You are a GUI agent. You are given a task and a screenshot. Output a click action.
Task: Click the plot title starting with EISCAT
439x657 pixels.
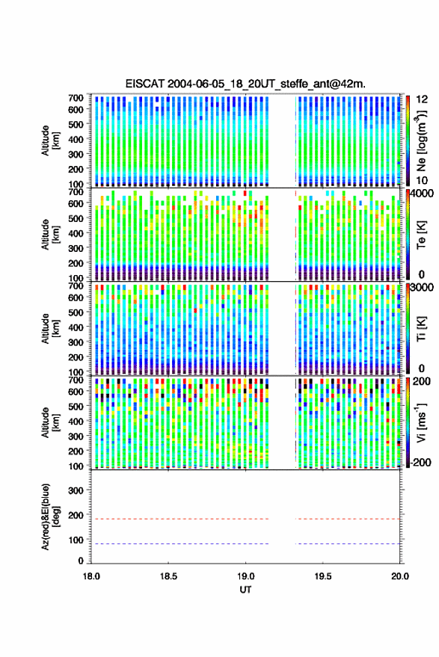pos(245,84)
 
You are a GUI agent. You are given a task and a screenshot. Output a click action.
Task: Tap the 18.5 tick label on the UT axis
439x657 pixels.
pos(168,576)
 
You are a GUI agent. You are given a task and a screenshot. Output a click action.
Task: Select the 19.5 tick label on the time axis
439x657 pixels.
pos(323,576)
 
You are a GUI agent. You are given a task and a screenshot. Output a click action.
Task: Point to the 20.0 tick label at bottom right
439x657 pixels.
pos(400,576)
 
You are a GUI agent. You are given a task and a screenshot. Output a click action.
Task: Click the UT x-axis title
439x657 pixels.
pos(245,590)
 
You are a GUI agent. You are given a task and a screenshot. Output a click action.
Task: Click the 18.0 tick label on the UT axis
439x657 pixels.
pos(91,576)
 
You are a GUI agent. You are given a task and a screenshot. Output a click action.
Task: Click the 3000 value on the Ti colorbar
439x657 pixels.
pos(423,288)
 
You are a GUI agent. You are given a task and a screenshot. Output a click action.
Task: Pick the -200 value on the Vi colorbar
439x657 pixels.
pos(421,463)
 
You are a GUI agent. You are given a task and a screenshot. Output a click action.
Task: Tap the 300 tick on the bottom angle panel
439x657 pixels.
pos(76,490)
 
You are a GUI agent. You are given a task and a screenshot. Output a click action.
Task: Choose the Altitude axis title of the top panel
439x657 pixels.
pos(51,141)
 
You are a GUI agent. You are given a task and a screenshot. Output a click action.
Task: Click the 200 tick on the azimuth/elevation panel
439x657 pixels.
pos(76,515)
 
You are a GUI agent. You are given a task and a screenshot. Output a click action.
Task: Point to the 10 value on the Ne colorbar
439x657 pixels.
pos(423,181)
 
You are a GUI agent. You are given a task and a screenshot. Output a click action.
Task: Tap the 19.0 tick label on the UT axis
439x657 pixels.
pos(245,576)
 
